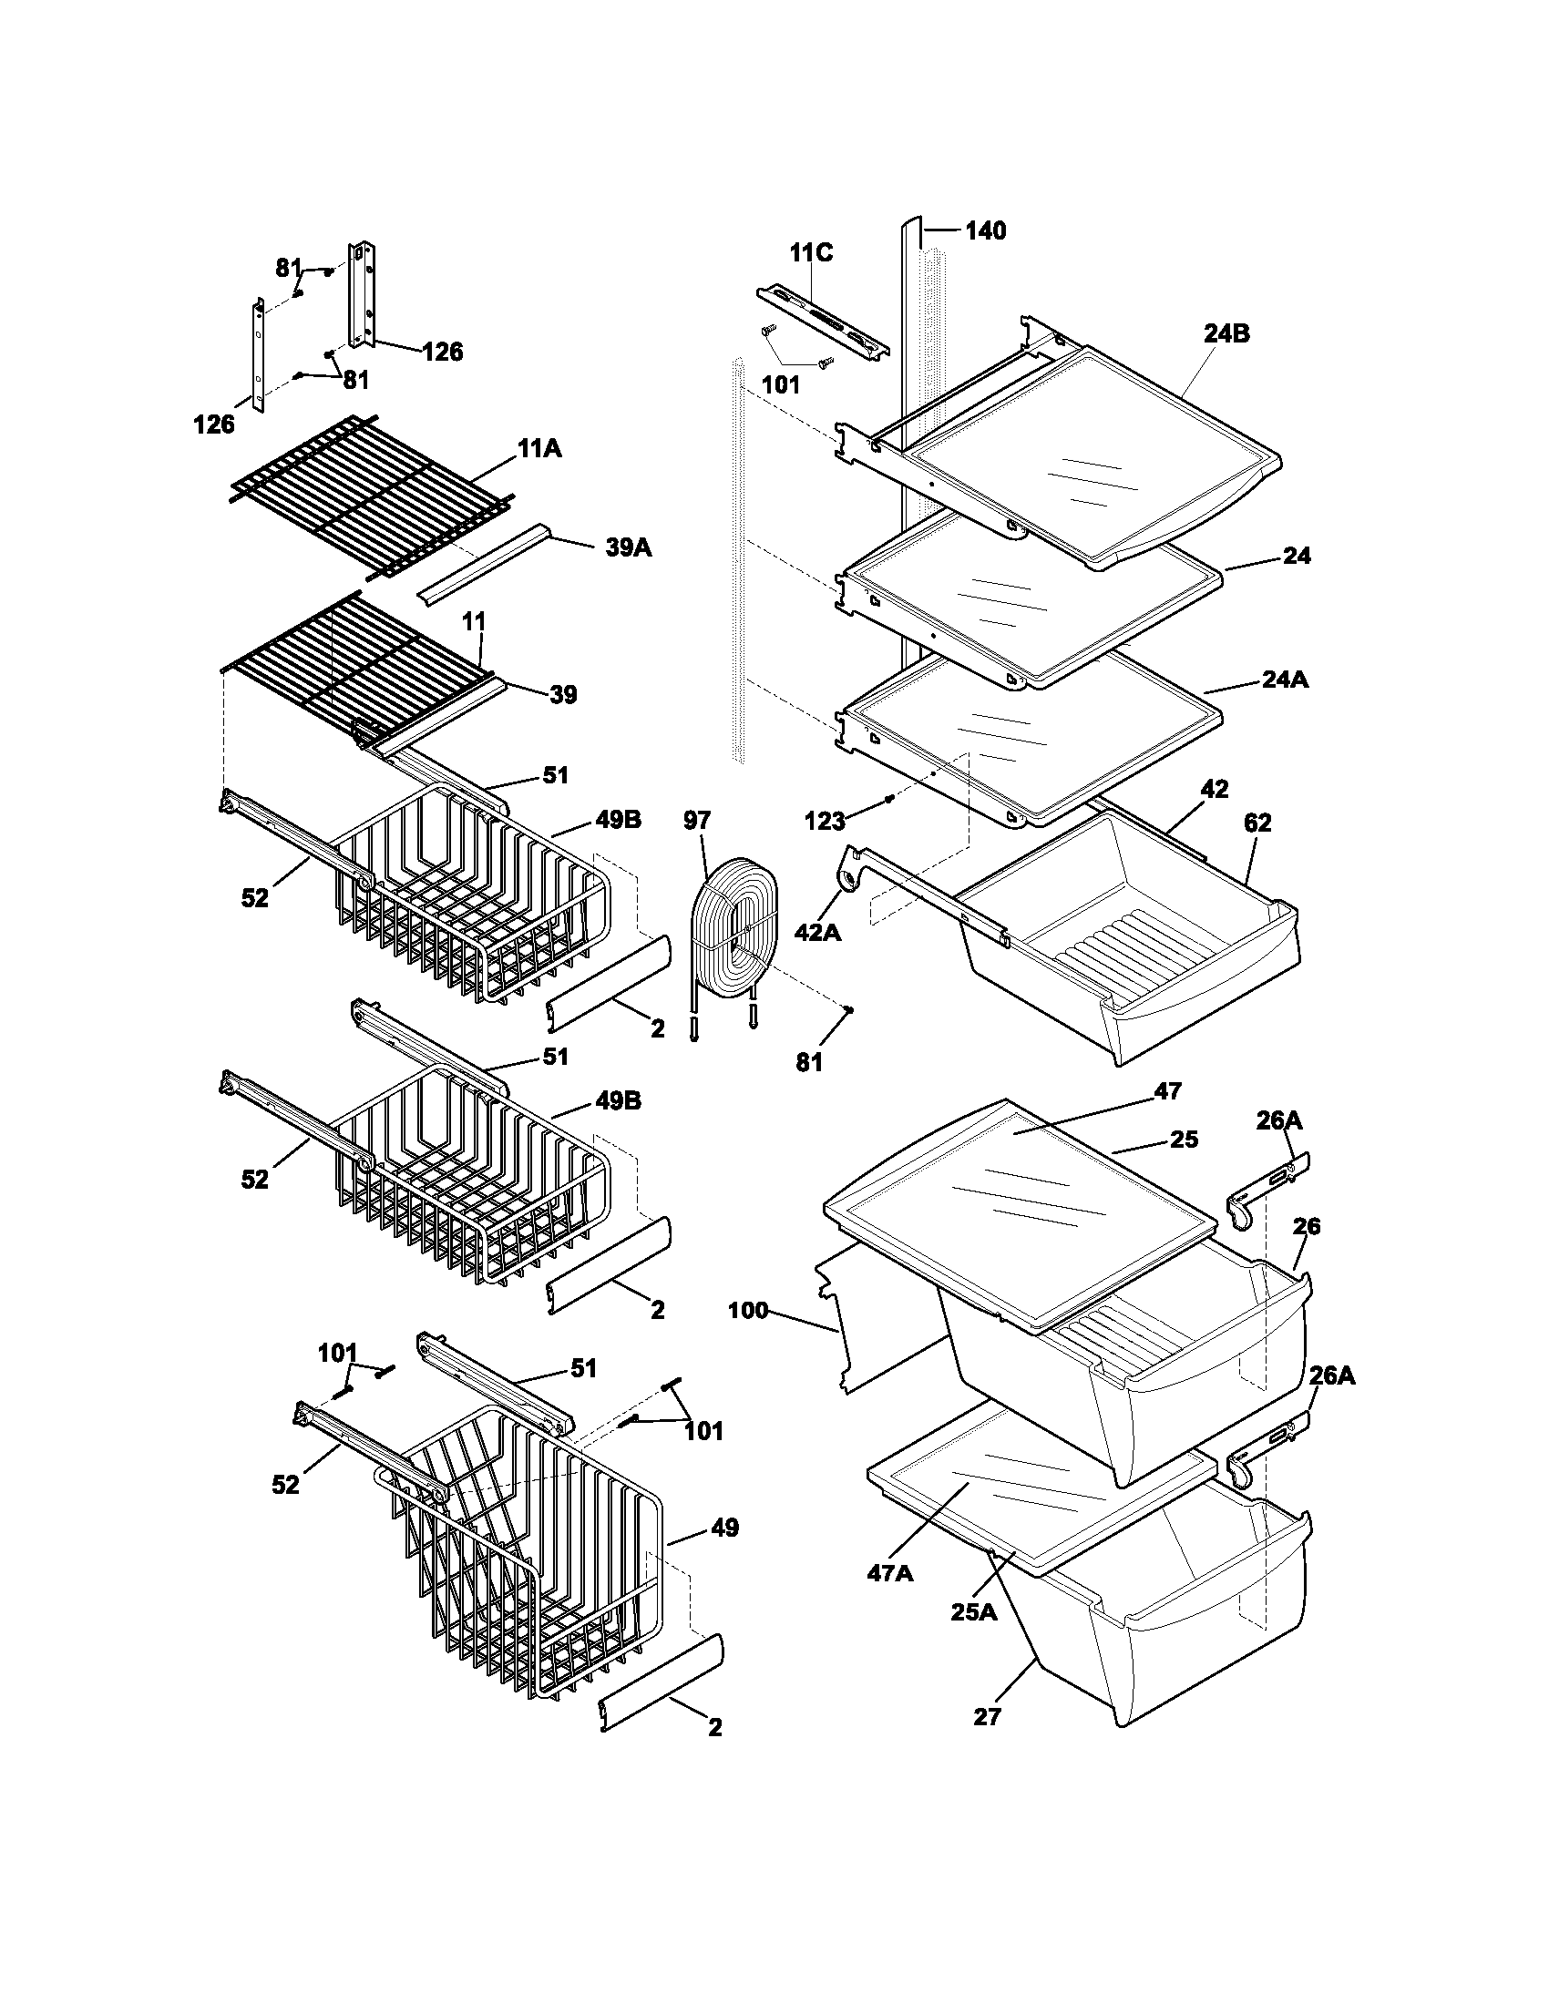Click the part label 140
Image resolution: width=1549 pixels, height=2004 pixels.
pyautogui.click(x=985, y=230)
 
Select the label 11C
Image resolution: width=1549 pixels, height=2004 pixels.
pyautogui.click(x=811, y=252)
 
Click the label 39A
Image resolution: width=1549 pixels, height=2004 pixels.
pyautogui.click(x=628, y=547)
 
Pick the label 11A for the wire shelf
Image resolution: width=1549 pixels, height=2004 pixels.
pyautogui.click(x=539, y=449)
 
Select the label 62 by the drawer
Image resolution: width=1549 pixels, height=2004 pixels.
pyautogui.click(x=1257, y=823)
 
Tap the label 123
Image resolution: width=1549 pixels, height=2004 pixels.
pyautogui.click(x=824, y=822)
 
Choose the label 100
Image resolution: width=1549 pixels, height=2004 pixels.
pyautogui.click(x=747, y=1310)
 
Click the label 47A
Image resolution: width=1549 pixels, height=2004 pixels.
pyautogui.click(x=889, y=1573)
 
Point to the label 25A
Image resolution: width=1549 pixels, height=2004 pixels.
pyautogui.click(x=973, y=1611)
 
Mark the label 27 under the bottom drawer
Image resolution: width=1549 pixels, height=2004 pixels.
pyautogui.click(x=987, y=1716)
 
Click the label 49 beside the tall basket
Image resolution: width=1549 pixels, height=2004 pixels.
pyautogui.click(x=724, y=1528)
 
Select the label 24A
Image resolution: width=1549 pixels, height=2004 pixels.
pyautogui.click(x=1285, y=680)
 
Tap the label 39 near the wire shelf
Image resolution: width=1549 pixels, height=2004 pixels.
pyautogui.click(x=562, y=695)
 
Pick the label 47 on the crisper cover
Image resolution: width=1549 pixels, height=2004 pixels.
pyautogui.click(x=1167, y=1091)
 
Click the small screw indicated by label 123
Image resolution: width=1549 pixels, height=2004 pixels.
pyautogui.click(x=889, y=799)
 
